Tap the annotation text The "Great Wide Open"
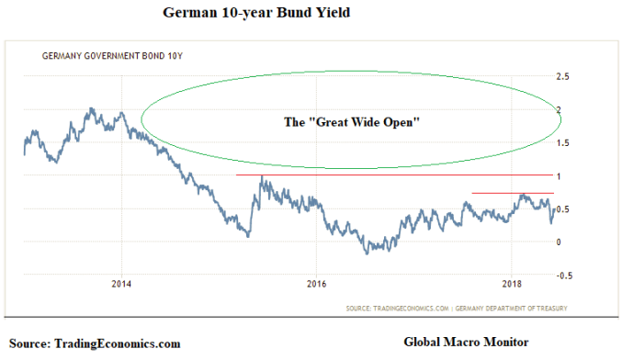coord(351,121)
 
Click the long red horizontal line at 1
coord(395,174)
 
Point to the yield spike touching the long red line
coord(262,177)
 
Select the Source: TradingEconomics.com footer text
coord(96,343)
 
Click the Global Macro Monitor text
coord(466,342)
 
